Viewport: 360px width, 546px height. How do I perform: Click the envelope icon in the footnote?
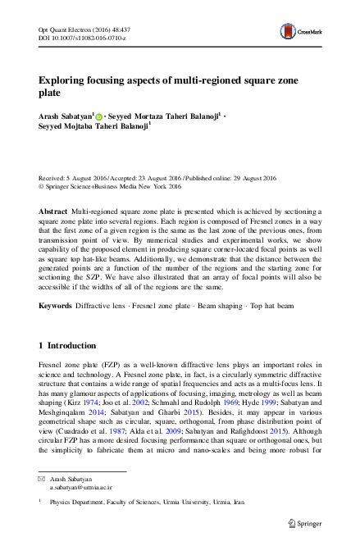[43, 500]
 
